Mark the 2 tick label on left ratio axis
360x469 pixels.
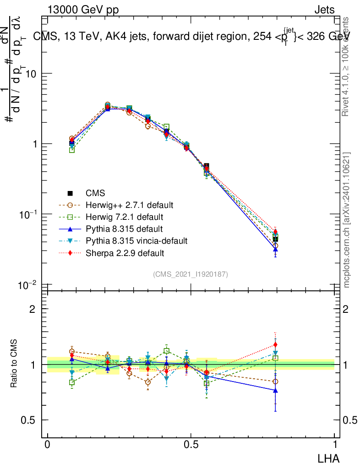[32, 309]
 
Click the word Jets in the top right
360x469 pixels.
[324, 10]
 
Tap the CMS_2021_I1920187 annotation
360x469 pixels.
[191, 274]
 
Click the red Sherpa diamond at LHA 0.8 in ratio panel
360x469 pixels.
[275, 344]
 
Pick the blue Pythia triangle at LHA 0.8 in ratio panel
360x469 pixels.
[275, 390]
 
